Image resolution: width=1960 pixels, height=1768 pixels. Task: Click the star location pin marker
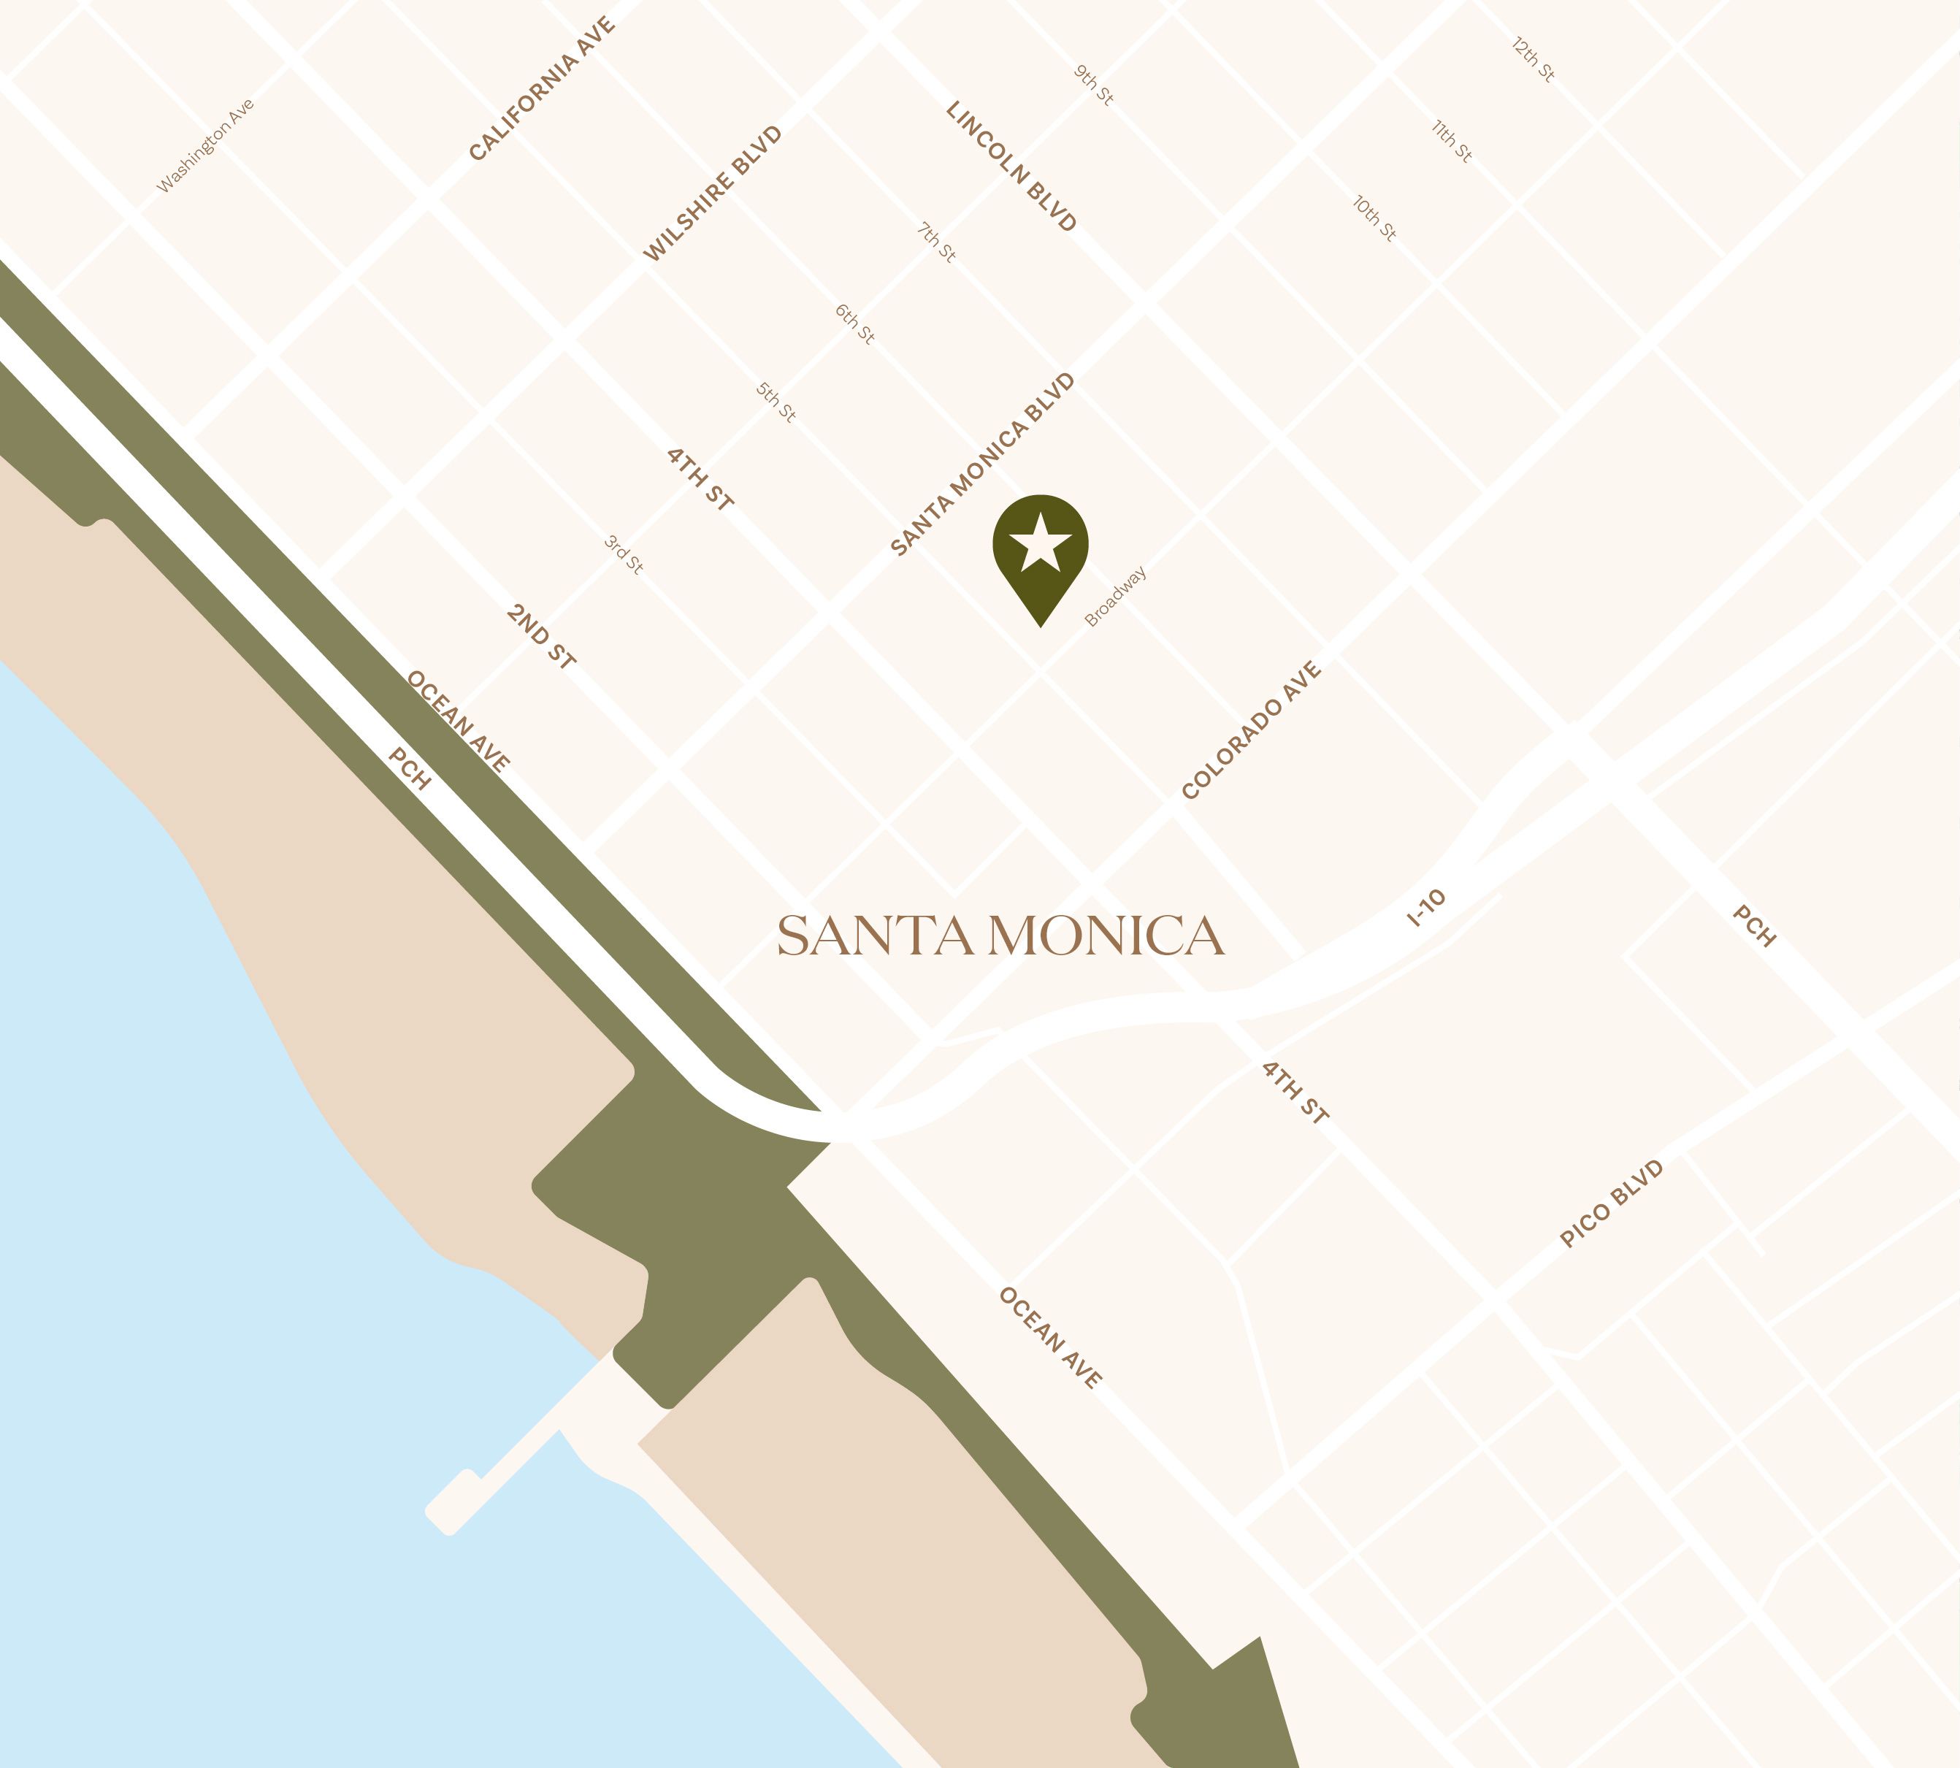(1040, 549)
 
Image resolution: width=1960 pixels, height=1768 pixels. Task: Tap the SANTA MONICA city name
(1000, 935)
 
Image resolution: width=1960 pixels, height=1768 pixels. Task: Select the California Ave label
(542, 88)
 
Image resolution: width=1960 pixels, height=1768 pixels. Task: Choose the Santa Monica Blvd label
(983, 464)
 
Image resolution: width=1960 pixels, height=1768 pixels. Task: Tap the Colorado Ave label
(1251, 730)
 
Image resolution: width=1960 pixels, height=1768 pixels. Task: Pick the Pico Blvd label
(1612, 1203)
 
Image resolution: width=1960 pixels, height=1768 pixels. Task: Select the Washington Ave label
(206, 146)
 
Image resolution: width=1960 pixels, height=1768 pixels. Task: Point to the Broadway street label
(1115, 597)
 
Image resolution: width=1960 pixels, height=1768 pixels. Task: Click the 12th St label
(1534, 59)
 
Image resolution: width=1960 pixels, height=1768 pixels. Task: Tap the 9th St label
(1094, 85)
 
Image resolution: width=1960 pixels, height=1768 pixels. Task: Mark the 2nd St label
(541, 636)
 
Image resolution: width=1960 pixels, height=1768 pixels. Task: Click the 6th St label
(854, 324)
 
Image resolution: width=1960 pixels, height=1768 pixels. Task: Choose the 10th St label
(1374, 218)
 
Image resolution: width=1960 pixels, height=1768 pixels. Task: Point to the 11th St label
(1452, 140)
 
